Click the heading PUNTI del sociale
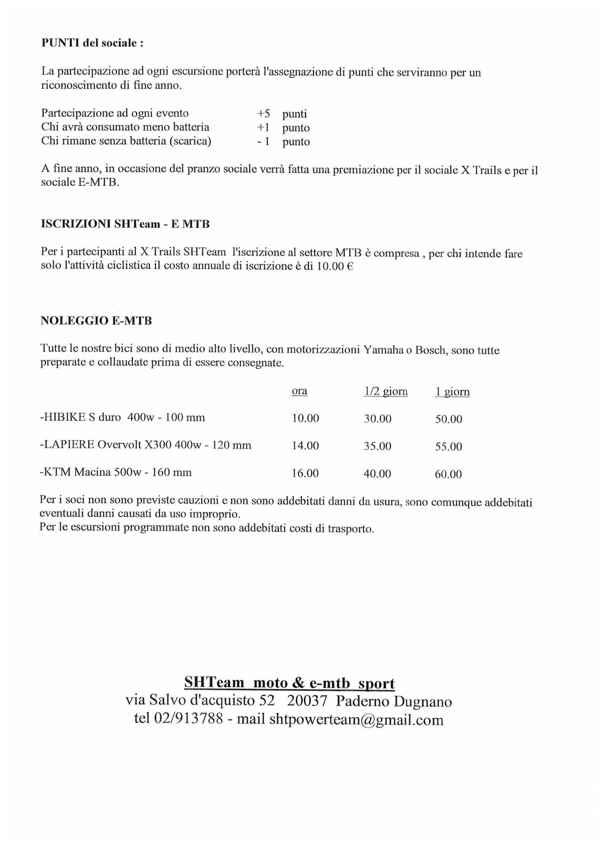click(x=92, y=43)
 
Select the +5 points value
click(x=264, y=114)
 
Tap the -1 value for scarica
click(x=263, y=141)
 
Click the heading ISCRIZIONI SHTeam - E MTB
click(x=125, y=224)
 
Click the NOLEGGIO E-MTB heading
click(x=96, y=321)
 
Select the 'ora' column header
click(x=299, y=391)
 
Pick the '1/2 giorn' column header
click(x=386, y=392)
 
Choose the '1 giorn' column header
click(x=452, y=392)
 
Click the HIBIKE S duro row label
click(x=122, y=418)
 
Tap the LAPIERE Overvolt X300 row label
click(x=145, y=445)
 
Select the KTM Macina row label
click(x=116, y=472)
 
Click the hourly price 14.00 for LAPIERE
click(x=305, y=446)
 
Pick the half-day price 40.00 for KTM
click(x=377, y=474)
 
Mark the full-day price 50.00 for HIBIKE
click(x=448, y=419)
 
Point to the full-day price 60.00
click(x=448, y=474)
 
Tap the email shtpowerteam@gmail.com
click(x=356, y=719)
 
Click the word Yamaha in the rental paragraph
click(x=383, y=350)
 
